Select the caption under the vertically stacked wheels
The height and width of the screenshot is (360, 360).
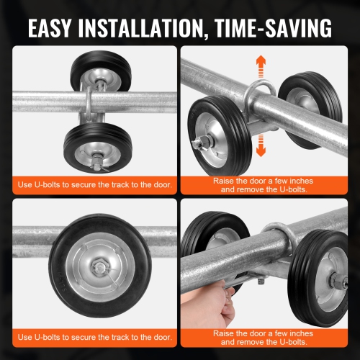click(94, 185)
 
